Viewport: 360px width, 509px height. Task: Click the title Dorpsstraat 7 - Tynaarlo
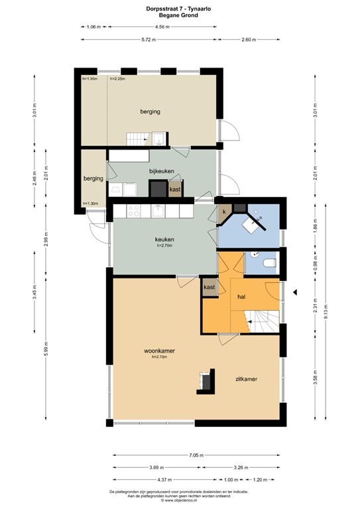tap(180, 8)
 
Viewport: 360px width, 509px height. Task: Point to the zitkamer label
tap(245, 379)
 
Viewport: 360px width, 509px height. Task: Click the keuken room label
tap(164, 239)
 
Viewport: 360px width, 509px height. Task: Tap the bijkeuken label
tap(161, 171)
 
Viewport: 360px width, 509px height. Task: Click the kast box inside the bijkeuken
tap(175, 190)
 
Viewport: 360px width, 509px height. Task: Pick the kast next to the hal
tap(210, 287)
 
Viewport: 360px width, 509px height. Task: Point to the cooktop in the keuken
tap(133, 211)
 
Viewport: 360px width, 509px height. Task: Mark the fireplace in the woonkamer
tap(206, 380)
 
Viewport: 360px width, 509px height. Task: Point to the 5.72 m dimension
tap(152, 40)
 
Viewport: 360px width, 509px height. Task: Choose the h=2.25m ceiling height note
tap(117, 79)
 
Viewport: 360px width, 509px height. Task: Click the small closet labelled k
tap(224, 211)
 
